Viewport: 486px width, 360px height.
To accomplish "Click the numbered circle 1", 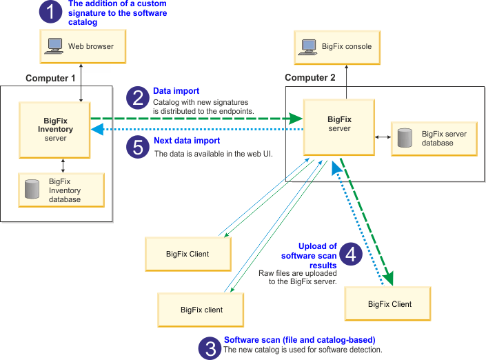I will click(50, 12).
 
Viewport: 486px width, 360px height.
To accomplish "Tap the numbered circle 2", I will click(138, 98).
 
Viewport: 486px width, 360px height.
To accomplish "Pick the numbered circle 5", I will click(138, 146).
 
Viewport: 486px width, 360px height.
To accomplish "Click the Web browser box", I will click(81, 47).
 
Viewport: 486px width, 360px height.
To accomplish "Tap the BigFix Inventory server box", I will click(55, 130).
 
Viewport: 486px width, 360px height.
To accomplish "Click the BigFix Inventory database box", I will click(62, 190).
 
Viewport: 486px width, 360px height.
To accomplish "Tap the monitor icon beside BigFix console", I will click(310, 47).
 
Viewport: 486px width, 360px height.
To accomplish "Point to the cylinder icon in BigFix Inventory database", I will click(32, 190).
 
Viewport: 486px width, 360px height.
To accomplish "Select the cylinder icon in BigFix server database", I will click(405, 138).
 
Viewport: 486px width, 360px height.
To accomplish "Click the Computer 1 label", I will click(50, 78).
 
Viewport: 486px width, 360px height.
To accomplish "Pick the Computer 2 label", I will click(310, 78).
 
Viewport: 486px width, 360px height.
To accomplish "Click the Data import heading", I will click(176, 91).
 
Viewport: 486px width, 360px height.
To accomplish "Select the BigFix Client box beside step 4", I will click(389, 304).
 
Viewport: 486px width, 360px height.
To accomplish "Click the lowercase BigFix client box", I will click(201, 310).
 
